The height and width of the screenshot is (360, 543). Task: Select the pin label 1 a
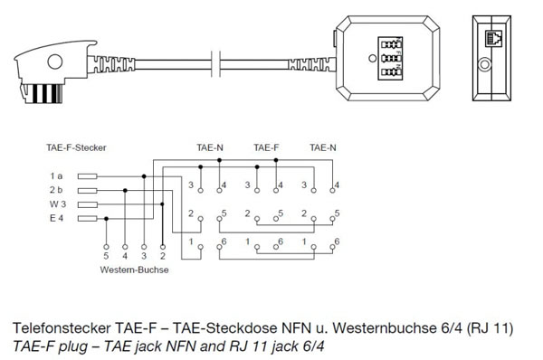click(57, 175)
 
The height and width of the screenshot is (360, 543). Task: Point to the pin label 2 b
click(57, 190)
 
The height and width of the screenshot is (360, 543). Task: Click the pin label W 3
click(57, 204)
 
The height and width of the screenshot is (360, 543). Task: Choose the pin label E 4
click(57, 219)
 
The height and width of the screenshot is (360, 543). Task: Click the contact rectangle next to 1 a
click(87, 175)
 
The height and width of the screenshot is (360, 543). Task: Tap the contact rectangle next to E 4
click(87, 219)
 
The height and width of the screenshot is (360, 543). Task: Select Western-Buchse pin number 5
click(108, 256)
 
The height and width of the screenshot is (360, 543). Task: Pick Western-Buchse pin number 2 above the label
click(162, 256)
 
